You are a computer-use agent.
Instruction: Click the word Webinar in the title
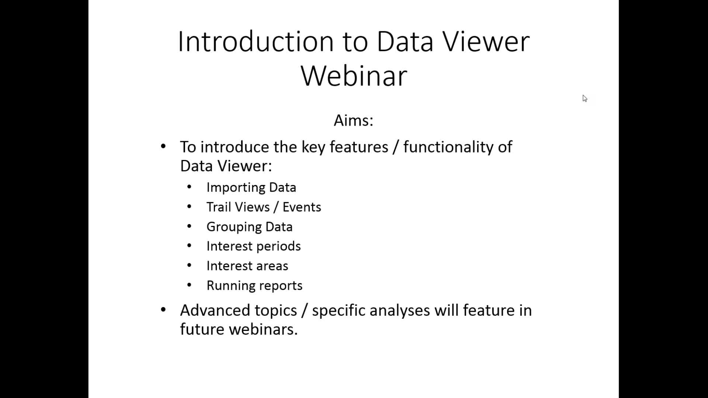tap(354, 76)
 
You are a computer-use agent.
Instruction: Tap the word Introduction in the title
tap(256, 41)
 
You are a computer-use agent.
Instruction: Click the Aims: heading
tap(354, 120)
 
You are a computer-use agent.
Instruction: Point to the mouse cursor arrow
tap(585, 98)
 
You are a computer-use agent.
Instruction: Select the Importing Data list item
tap(251, 187)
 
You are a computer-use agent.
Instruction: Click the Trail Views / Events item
tap(264, 207)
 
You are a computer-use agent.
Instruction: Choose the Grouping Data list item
tap(249, 227)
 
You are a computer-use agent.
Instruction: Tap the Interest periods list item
tap(253, 246)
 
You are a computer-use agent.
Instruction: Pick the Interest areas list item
tap(247, 266)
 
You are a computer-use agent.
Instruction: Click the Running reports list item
tap(254, 286)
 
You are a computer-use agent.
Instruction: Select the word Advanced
tap(238, 310)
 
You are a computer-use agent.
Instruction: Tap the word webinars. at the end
tap(263, 329)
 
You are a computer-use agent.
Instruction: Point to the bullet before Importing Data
tap(189, 187)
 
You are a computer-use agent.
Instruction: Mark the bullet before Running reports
tap(189, 285)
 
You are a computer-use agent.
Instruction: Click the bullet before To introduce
tap(163, 146)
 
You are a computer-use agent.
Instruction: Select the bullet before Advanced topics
tap(163, 310)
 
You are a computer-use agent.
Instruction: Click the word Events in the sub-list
tap(302, 207)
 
